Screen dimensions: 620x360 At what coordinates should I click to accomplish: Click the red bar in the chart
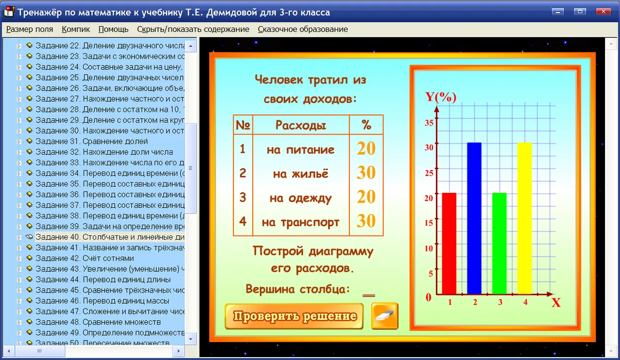(x=449, y=243)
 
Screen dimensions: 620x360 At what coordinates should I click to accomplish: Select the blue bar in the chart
(x=474, y=218)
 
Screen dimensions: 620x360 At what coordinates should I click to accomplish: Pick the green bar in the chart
(x=499, y=243)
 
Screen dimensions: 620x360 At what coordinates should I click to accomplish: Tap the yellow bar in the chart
(x=525, y=218)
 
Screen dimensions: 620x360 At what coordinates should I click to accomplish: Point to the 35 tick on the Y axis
(x=429, y=123)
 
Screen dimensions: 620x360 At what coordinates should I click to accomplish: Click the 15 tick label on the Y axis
(x=429, y=223)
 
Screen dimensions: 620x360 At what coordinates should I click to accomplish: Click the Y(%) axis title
(x=441, y=97)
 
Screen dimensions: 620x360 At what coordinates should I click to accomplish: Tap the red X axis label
(x=556, y=302)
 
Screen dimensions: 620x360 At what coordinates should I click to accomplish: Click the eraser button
(x=385, y=316)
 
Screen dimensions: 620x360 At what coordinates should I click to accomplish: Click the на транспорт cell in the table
(x=301, y=222)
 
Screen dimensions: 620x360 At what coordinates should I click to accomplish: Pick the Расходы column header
(x=301, y=125)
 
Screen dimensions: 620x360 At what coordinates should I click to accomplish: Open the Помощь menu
(x=113, y=29)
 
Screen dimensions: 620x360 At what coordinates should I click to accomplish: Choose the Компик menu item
(x=76, y=29)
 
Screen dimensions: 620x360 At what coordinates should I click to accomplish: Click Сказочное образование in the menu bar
(x=303, y=29)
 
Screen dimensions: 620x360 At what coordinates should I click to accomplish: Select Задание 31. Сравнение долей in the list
(x=92, y=141)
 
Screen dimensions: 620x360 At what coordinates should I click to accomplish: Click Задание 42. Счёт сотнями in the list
(x=85, y=258)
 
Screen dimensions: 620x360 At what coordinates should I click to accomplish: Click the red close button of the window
(x=604, y=12)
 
